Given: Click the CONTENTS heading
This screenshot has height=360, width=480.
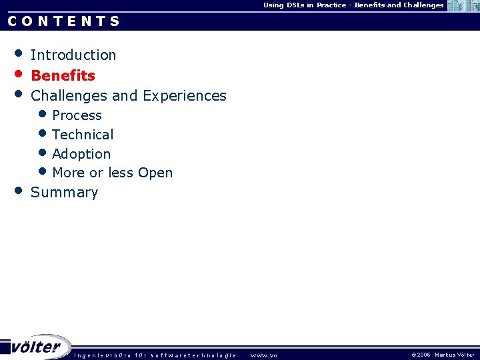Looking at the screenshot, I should [x=64, y=21].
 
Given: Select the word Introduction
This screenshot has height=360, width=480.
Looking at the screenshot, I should [x=73, y=55].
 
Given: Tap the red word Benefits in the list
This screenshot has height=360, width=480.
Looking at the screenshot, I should [x=63, y=76].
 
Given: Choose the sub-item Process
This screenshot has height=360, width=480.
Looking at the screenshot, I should [x=77, y=115].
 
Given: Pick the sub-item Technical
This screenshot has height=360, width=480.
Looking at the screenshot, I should [x=83, y=135].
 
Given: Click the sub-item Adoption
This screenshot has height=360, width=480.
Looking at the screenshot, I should [x=81, y=154].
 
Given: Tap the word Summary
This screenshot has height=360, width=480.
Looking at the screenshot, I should [x=64, y=193].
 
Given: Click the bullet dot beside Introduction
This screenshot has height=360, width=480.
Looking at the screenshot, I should [x=19, y=53].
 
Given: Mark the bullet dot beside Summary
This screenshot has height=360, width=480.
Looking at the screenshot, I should [x=19, y=190].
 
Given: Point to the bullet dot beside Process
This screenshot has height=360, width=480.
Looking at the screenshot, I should [x=43, y=114].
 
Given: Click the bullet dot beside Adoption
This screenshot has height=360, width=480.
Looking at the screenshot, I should [x=43, y=152].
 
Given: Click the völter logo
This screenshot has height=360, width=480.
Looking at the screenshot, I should [x=37, y=347].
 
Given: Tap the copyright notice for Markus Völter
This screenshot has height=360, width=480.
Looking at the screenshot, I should [x=443, y=355].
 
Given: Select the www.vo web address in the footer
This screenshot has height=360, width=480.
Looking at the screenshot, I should [x=263, y=355].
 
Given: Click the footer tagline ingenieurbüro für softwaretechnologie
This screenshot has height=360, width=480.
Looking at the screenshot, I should [x=155, y=355].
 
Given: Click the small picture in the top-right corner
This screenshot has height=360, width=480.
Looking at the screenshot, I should [x=463, y=6].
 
